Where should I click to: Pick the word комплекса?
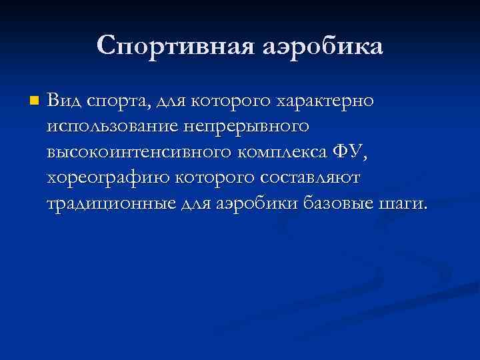pyautogui.click(x=279, y=152)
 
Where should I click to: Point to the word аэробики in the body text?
pyautogui.click(x=259, y=203)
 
